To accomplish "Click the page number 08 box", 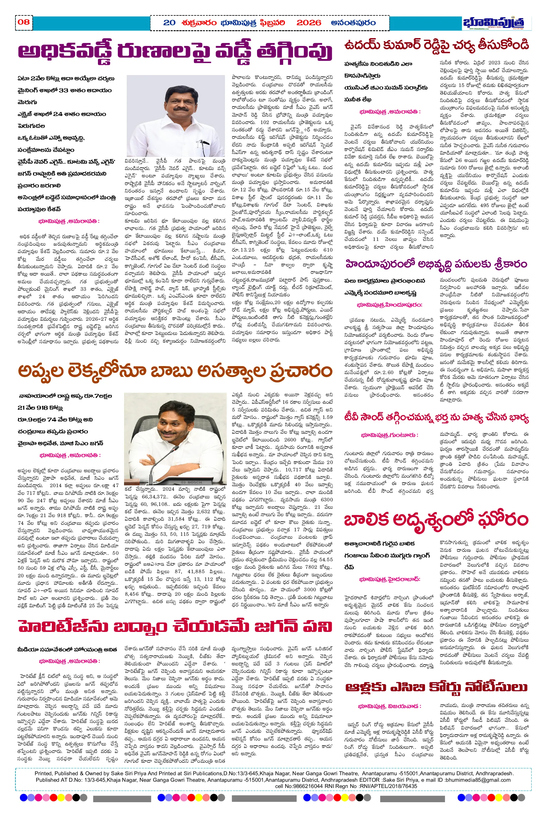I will click(x=24, y=22).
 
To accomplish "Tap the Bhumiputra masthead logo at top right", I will click(x=493, y=23).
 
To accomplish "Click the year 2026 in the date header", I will click(x=308, y=23).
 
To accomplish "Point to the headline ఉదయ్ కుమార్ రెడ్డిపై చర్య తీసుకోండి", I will click(x=436, y=45).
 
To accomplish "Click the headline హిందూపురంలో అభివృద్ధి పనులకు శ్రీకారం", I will click(x=436, y=264).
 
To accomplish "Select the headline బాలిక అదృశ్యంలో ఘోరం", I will click(x=436, y=520).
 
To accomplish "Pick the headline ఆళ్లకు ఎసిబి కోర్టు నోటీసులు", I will click(x=436, y=687).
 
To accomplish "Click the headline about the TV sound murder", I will click(x=436, y=417).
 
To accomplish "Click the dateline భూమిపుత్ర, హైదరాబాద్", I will click(x=390, y=579).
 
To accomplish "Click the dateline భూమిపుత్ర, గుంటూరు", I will click(x=390, y=435).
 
